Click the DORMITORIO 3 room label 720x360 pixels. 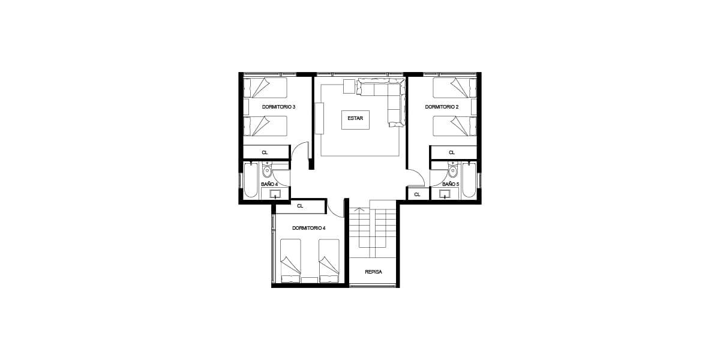pyautogui.click(x=278, y=107)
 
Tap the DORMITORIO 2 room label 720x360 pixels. pyautogui.click(x=442, y=107)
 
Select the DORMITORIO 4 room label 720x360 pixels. pyautogui.click(x=308, y=228)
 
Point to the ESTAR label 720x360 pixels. pyautogui.click(x=355, y=118)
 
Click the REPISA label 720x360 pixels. pyautogui.click(x=373, y=272)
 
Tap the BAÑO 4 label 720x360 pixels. pyautogui.click(x=269, y=184)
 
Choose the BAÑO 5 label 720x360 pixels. pyautogui.click(x=451, y=184)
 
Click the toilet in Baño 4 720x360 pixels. pyautogui.click(x=267, y=170)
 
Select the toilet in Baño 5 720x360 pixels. pyautogui.click(x=452, y=170)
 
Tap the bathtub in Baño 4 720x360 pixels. pyautogui.click(x=251, y=180)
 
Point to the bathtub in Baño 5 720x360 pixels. pyautogui.click(x=469, y=180)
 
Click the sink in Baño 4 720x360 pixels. pyautogui.click(x=275, y=194)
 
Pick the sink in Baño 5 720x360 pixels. pyautogui.click(x=445, y=194)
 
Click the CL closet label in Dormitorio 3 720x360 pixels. pyautogui.click(x=265, y=152)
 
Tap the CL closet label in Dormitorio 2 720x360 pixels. pyautogui.click(x=452, y=152)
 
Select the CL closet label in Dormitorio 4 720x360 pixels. pyautogui.click(x=300, y=206)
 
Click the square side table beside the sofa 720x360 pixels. pyautogui.click(x=349, y=86)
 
